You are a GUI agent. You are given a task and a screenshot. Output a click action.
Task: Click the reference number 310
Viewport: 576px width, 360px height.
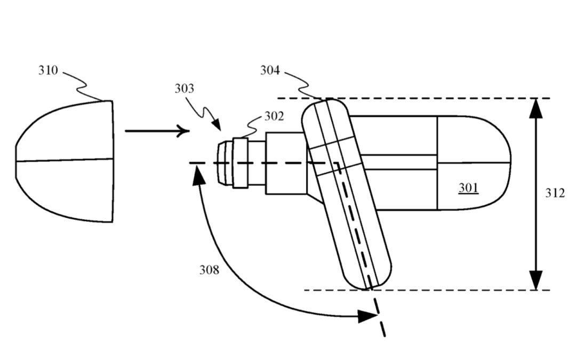tap(48, 70)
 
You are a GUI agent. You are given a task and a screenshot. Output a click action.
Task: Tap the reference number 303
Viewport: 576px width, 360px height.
tap(185, 89)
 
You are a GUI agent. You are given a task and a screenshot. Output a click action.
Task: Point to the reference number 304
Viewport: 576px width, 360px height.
tap(270, 70)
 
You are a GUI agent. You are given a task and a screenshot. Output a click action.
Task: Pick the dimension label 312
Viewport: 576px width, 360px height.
tap(555, 193)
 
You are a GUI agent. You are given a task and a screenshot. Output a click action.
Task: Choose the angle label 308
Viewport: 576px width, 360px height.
tap(209, 270)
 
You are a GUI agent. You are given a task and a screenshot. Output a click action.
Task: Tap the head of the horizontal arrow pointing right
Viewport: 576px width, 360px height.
tap(184, 131)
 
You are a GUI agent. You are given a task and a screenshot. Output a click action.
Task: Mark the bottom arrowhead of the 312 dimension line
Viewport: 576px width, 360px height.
tap(536, 280)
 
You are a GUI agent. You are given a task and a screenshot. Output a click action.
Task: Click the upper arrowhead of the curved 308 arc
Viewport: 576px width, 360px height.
tap(198, 174)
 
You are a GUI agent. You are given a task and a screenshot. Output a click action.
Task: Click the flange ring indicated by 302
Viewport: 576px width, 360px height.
tap(241, 162)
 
